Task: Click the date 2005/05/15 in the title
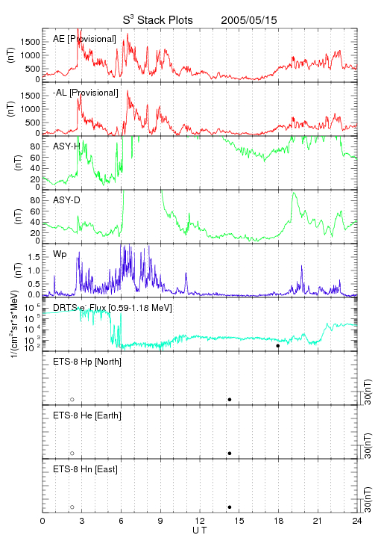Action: pyautogui.click(x=249, y=20)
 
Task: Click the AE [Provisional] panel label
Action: pyautogui.click(x=84, y=39)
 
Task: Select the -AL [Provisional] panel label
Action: pyautogui.click(x=86, y=93)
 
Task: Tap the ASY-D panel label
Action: pyautogui.click(x=66, y=200)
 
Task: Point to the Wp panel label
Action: pyautogui.click(x=60, y=254)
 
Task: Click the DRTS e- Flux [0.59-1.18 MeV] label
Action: pyautogui.click(x=113, y=308)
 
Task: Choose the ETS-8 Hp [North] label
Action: pyautogui.click(x=87, y=362)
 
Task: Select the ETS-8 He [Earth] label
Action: pyautogui.click(x=87, y=415)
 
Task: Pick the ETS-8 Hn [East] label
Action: pyautogui.click(x=85, y=469)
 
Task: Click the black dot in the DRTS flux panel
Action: pyautogui.click(x=278, y=345)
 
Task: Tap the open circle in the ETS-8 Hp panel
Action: pyautogui.click(x=72, y=399)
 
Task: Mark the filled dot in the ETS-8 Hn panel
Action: pyautogui.click(x=230, y=507)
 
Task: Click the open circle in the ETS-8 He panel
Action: pyautogui.click(x=72, y=454)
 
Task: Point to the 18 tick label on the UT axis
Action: pyautogui.click(x=279, y=521)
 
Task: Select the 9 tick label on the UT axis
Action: pyautogui.click(x=160, y=521)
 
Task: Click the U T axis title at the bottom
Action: pyautogui.click(x=200, y=531)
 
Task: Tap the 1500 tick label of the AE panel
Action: pyautogui.click(x=30, y=42)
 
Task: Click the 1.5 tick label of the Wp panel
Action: pyautogui.click(x=34, y=257)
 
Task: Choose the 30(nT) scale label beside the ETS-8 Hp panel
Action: pyautogui.click(x=368, y=392)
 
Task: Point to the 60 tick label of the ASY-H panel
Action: pyautogui.click(x=35, y=158)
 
